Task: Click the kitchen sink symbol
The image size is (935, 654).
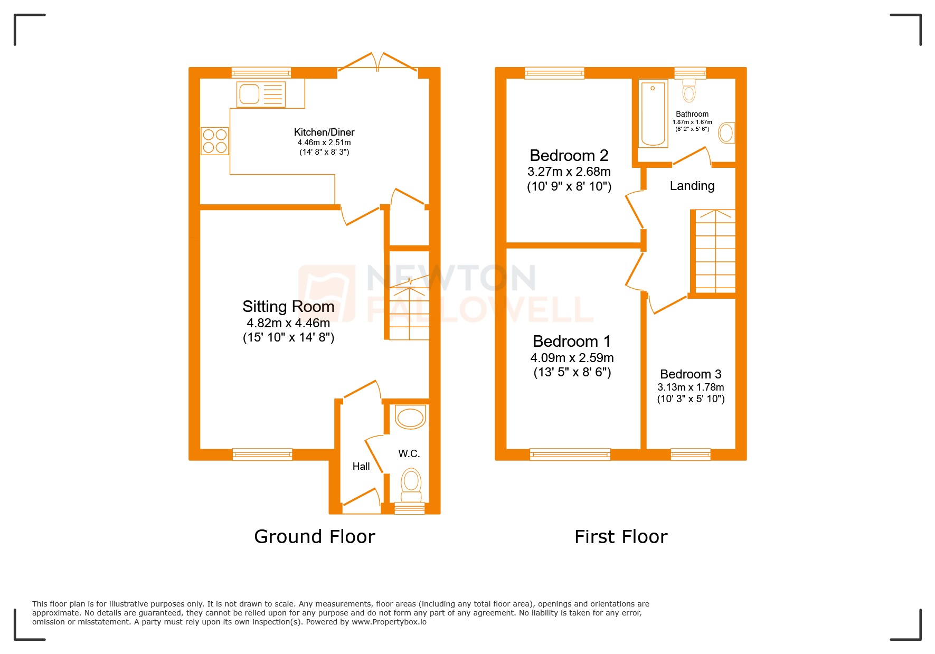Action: tap(261, 94)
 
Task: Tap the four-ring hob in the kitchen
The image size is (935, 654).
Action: tap(215, 141)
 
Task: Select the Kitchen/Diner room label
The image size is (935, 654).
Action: tap(324, 132)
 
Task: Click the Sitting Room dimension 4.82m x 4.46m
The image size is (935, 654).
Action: tap(288, 323)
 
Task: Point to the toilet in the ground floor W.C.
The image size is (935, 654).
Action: tap(411, 484)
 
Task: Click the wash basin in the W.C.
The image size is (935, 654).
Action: tap(410, 418)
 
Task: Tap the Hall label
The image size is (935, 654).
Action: tap(361, 466)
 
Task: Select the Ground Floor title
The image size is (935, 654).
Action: tap(314, 537)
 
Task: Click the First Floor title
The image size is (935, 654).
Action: tap(620, 537)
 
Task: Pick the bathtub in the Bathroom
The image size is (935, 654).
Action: tap(653, 113)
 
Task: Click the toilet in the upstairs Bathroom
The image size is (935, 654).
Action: tap(689, 91)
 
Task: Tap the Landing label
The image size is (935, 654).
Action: tap(692, 186)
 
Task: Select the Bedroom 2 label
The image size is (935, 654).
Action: tap(569, 156)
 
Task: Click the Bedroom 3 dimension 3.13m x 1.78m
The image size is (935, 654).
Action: tap(691, 387)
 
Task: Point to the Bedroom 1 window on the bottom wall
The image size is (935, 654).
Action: tap(570, 454)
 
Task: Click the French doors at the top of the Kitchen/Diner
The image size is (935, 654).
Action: tap(378, 63)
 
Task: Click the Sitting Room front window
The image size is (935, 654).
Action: tap(262, 454)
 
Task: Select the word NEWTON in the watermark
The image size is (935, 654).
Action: tap(451, 278)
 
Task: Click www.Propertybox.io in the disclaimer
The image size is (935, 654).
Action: tap(389, 622)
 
